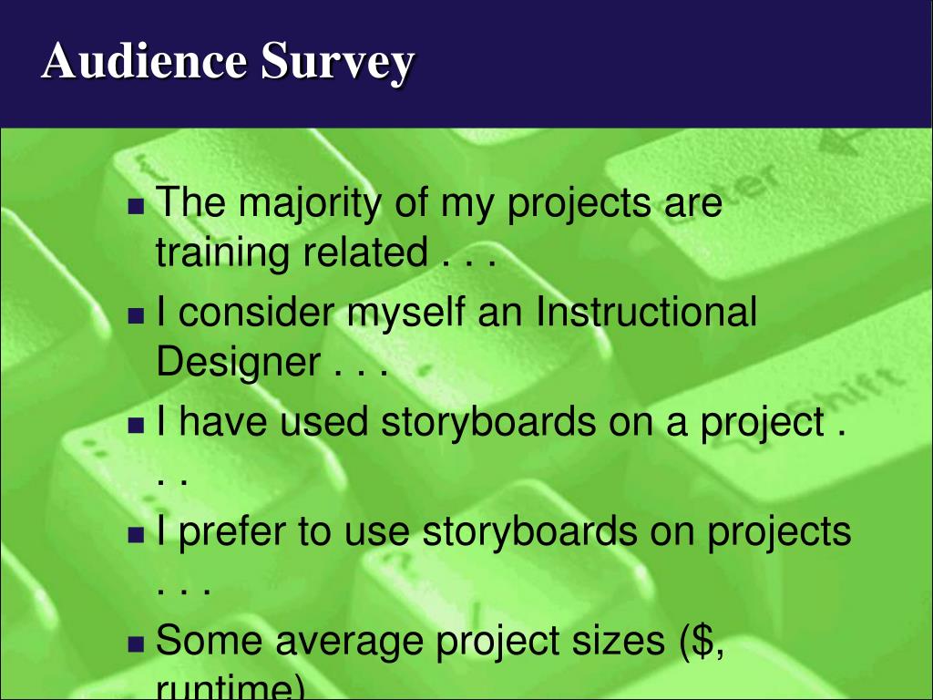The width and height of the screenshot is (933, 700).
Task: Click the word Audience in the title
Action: [144, 62]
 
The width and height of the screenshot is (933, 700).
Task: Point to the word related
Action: [364, 252]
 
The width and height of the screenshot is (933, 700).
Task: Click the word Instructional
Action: [646, 313]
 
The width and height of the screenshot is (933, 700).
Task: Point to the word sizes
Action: [611, 642]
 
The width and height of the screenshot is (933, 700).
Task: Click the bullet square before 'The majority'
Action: [137, 207]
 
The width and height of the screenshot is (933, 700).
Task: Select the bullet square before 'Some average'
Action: [137, 643]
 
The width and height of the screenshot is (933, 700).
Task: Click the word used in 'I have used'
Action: [323, 423]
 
